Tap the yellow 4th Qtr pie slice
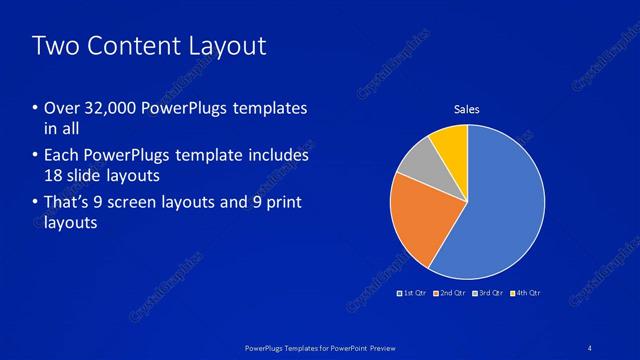452,146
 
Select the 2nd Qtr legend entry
452,293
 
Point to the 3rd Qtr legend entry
490,293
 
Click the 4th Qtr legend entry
527,293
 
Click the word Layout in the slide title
226,46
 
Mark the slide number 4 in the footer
591,347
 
